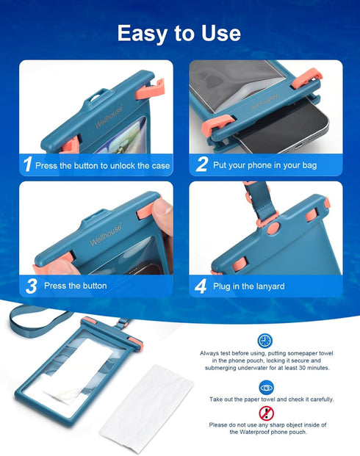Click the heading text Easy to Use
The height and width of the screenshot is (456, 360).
tap(179, 32)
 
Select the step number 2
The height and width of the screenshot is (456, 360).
tap(201, 165)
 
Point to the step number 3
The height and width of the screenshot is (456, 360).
tap(30, 286)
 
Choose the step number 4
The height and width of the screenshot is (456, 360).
tap(201, 286)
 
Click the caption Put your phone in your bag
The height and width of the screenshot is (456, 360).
tap(264, 165)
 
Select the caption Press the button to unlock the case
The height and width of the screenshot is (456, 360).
tap(102, 165)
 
